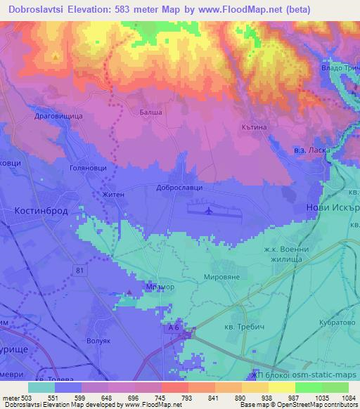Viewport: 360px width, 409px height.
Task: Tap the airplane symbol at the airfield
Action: tap(207, 211)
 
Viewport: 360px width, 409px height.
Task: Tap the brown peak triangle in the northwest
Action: tap(55, 56)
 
